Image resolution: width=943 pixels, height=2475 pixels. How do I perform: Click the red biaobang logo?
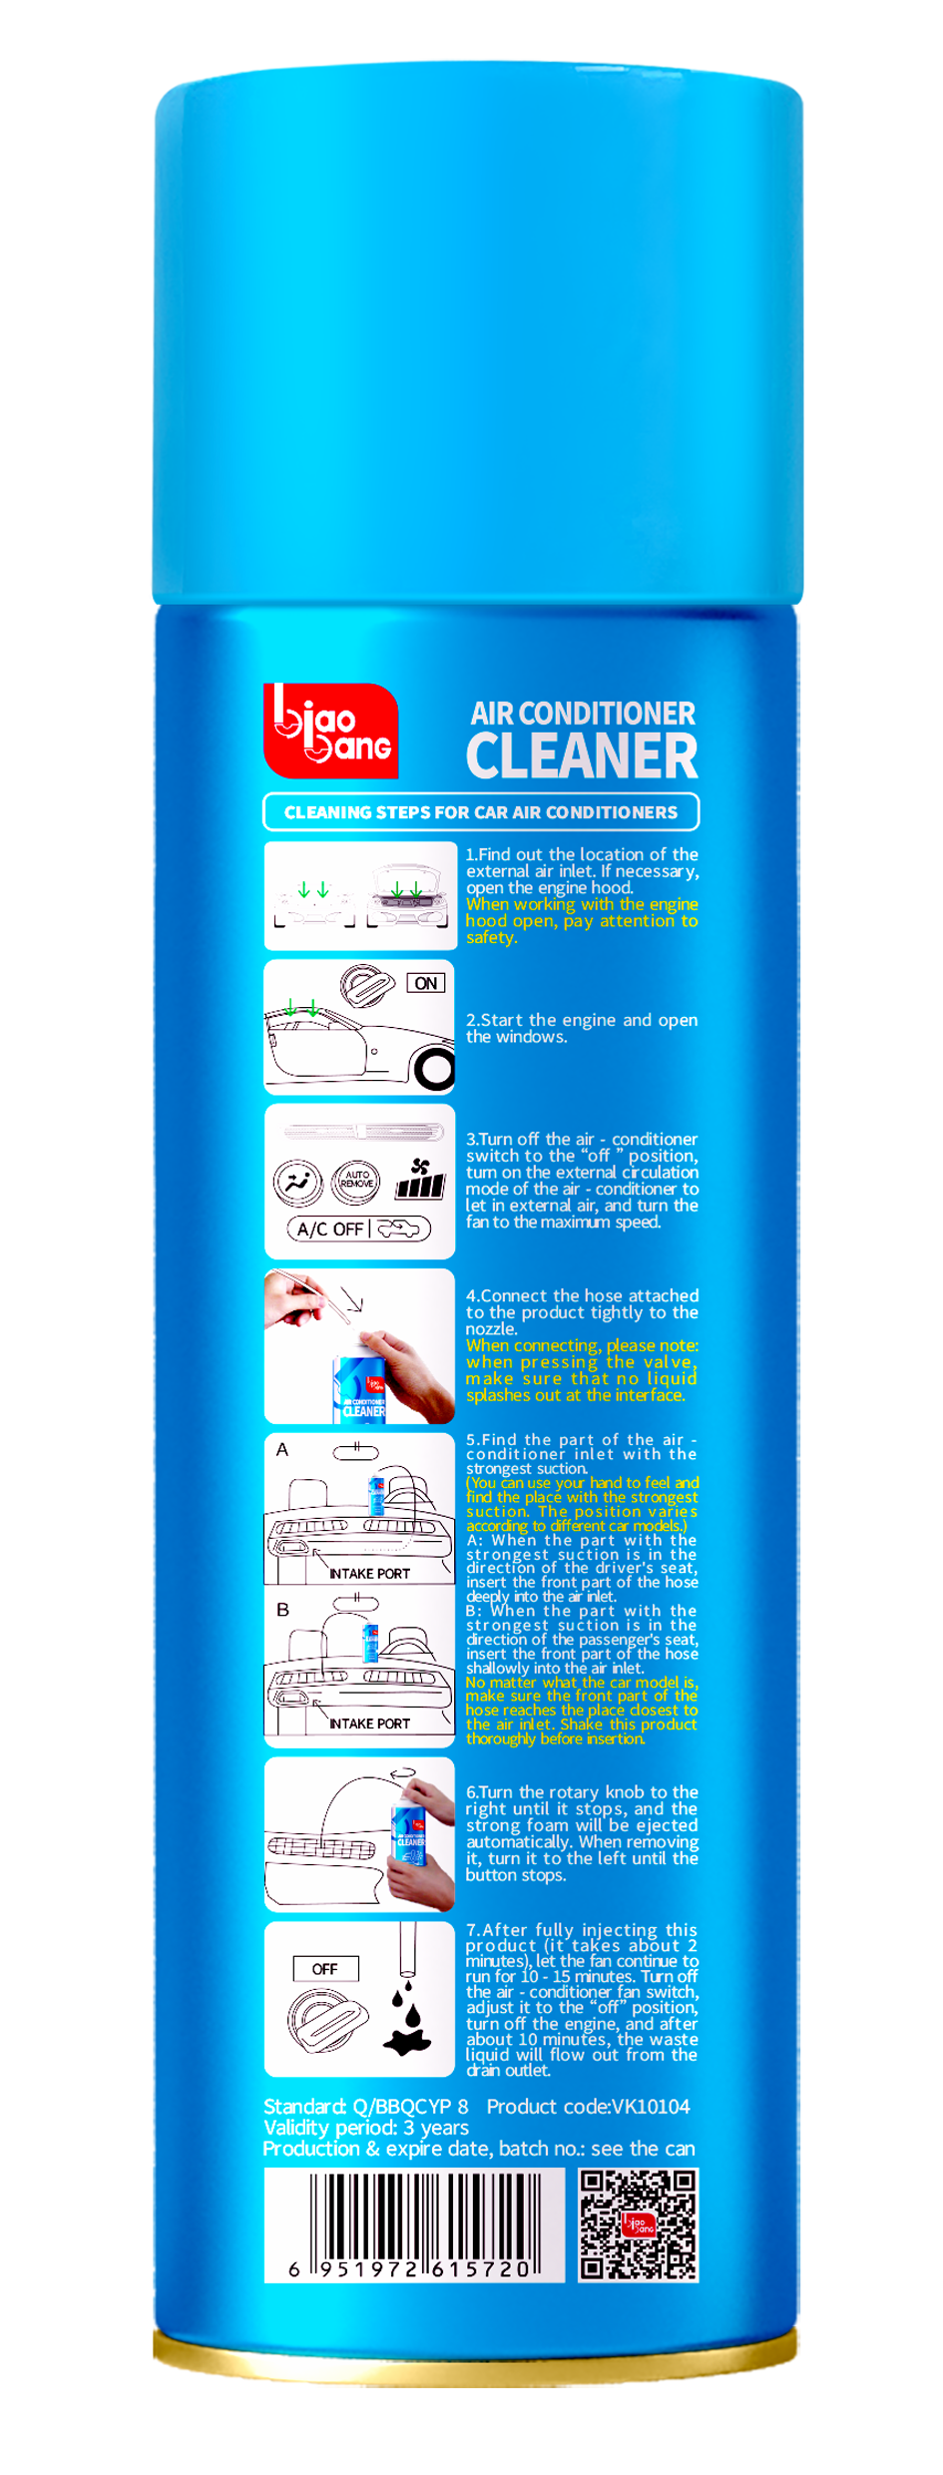click(x=330, y=731)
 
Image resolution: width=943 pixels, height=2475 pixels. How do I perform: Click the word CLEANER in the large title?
click(x=582, y=756)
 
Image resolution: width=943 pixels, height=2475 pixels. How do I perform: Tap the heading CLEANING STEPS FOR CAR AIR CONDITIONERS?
click(x=480, y=812)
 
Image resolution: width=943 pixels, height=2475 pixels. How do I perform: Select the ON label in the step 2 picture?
click(x=426, y=983)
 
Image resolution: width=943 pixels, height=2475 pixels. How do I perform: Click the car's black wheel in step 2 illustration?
click(x=435, y=1071)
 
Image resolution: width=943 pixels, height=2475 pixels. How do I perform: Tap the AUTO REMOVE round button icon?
click(x=357, y=1181)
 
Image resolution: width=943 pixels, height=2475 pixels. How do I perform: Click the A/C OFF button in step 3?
click(x=330, y=1230)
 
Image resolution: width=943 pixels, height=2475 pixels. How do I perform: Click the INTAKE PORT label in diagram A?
click(x=369, y=1574)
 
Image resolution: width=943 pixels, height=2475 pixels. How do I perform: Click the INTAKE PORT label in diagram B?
click(x=369, y=1724)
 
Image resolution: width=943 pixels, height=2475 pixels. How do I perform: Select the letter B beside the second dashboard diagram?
click(x=282, y=1610)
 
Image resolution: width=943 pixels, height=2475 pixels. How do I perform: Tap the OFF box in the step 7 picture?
click(x=325, y=1969)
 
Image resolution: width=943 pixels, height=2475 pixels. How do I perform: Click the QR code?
click(x=639, y=2226)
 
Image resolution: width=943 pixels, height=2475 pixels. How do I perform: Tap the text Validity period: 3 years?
click(x=365, y=2128)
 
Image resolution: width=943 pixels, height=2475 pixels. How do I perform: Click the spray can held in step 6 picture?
click(x=410, y=1834)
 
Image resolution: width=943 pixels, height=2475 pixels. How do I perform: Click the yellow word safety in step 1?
click(x=490, y=937)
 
